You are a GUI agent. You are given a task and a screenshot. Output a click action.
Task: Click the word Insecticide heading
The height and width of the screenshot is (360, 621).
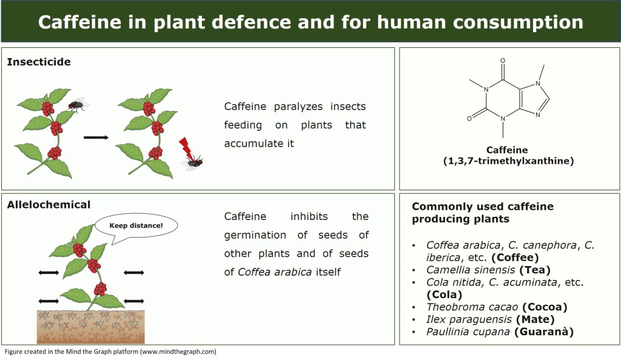click(x=39, y=62)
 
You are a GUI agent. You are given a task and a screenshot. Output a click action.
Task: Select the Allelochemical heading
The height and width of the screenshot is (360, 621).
click(x=49, y=204)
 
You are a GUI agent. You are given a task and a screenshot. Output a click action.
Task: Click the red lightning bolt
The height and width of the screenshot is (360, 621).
click(x=186, y=148)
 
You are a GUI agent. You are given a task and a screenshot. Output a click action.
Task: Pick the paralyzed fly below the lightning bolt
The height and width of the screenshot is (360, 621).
click(x=193, y=162)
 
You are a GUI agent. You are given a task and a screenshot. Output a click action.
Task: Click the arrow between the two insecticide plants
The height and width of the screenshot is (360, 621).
click(x=96, y=138)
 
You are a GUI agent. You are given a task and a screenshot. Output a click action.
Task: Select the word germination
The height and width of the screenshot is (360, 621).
click(x=255, y=235)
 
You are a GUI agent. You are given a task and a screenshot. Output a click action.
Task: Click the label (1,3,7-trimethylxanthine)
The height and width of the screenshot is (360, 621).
click(x=508, y=161)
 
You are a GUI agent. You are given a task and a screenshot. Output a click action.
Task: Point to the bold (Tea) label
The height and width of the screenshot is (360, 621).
click(x=535, y=270)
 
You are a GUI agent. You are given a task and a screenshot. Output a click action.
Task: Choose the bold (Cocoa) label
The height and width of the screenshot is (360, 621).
click(x=545, y=307)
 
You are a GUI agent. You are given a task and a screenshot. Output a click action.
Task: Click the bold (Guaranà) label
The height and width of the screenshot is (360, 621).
click(x=544, y=332)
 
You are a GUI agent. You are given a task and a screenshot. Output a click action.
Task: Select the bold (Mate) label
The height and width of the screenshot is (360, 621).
click(x=535, y=319)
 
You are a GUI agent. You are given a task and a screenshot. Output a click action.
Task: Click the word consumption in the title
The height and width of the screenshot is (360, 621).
click(x=518, y=22)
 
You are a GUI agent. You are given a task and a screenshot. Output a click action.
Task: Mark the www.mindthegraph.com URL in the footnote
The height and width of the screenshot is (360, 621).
click(x=179, y=352)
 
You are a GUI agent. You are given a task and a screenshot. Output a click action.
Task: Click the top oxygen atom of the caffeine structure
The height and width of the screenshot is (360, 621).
click(x=503, y=61)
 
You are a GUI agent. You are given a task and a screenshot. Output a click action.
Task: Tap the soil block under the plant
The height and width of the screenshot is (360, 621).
click(x=91, y=327)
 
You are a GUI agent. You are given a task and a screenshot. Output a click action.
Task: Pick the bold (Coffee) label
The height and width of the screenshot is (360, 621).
click(x=515, y=258)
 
